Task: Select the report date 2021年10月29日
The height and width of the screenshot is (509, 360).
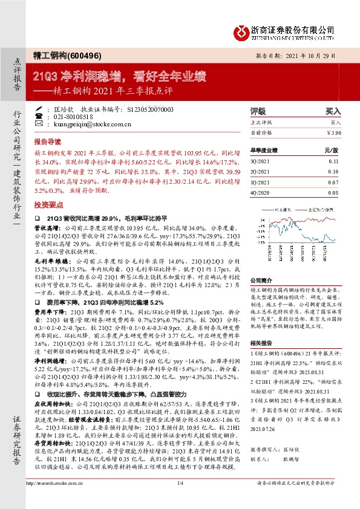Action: tap(318, 54)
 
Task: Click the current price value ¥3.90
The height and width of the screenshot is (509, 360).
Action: tap(333, 132)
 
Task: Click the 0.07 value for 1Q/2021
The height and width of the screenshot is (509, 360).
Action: tap(333, 182)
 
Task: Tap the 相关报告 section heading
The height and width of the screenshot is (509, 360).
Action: tap(261, 342)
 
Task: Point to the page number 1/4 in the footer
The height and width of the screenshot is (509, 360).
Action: tap(180, 499)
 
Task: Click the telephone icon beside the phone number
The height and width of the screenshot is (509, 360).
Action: tap(48, 116)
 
